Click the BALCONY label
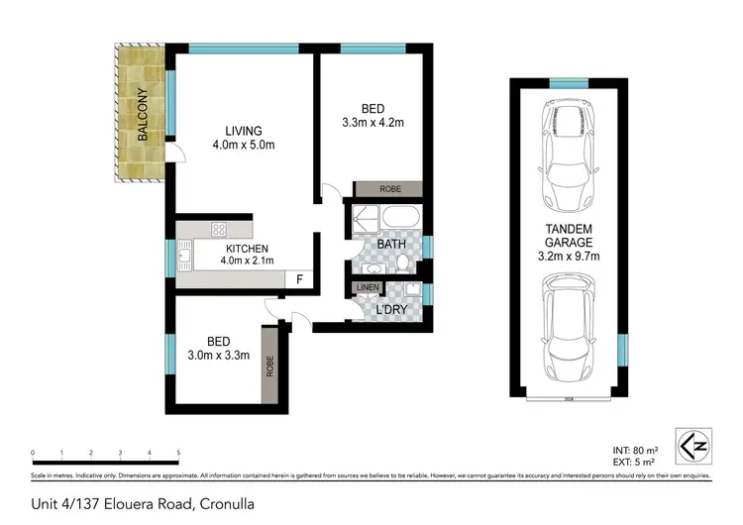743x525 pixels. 143,115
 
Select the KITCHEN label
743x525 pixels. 248,249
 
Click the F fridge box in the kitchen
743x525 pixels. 299,278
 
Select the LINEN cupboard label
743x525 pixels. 367,288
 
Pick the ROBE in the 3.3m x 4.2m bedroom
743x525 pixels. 387,188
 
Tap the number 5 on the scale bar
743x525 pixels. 178,454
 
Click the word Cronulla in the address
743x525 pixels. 225,504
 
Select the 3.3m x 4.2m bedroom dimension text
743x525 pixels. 371,123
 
